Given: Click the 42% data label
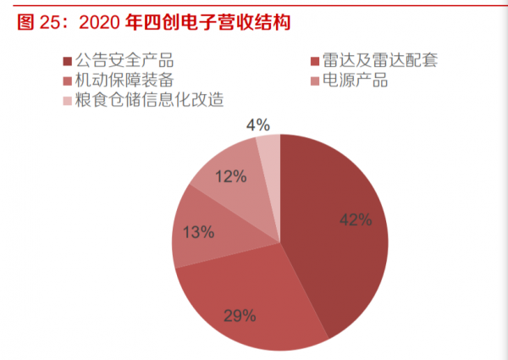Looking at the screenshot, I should click(x=356, y=220).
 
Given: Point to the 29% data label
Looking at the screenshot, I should click(x=240, y=316).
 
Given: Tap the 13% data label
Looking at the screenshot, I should click(x=198, y=231).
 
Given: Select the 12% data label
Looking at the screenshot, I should click(x=230, y=177).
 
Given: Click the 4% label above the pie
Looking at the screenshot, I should click(x=257, y=125).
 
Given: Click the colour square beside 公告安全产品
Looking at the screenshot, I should click(x=67, y=62).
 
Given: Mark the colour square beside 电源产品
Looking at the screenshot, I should click(x=315, y=81).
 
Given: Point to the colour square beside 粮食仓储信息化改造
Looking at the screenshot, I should click(x=67, y=101).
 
